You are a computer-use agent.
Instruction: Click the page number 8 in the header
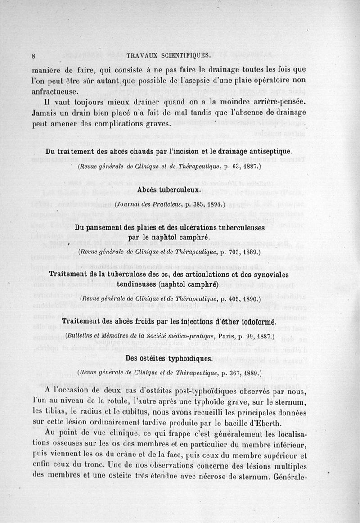pos(34,56)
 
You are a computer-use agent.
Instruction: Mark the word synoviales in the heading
pos(268,274)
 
